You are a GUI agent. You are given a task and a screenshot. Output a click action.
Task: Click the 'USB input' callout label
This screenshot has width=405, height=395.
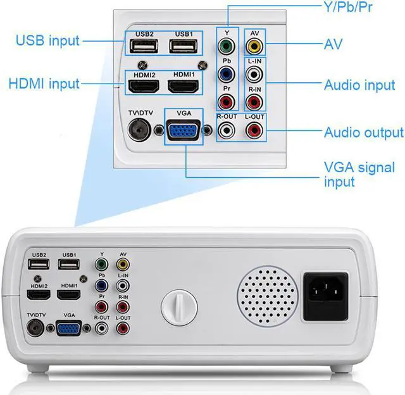click(x=48, y=41)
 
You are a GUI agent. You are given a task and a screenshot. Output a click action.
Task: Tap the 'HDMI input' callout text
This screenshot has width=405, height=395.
click(x=44, y=83)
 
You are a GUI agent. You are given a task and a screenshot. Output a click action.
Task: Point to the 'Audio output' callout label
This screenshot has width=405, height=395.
click(x=363, y=132)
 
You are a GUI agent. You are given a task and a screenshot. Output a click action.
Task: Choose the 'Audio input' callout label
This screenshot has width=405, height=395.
click(x=359, y=85)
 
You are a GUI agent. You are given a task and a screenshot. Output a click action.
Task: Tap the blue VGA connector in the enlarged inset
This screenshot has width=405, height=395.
click(x=184, y=132)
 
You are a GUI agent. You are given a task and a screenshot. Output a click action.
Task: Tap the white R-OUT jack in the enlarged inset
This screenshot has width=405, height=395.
click(x=227, y=131)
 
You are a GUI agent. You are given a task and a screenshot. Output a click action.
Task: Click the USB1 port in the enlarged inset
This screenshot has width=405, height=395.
click(x=184, y=47)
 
